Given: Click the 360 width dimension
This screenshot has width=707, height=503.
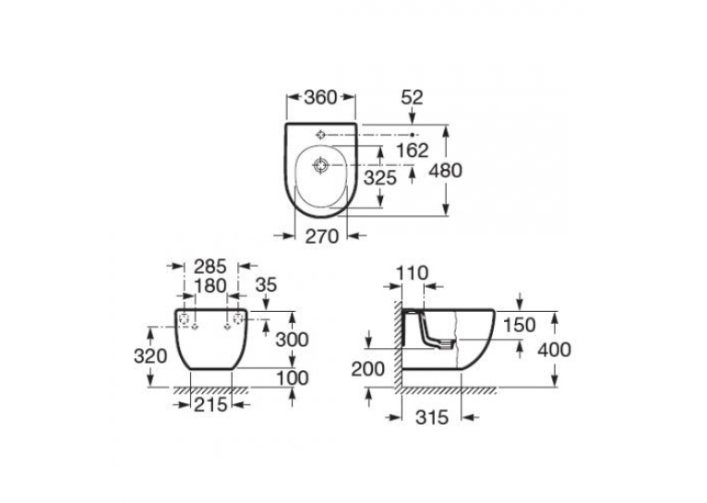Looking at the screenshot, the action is [x=320, y=97].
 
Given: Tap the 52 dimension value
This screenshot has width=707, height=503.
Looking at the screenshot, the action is [x=413, y=97].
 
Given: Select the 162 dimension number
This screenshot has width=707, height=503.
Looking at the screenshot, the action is [x=413, y=150].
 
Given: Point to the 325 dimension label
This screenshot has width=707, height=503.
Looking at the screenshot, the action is [x=380, y=178].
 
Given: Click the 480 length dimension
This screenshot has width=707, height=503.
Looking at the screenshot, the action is [x=446, y=171].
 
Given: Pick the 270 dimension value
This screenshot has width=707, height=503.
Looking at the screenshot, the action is [x=322, y=236].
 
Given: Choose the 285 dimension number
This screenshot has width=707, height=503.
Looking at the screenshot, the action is [x=210, y=267].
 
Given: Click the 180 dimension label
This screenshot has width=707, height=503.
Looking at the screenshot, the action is [x=210, y=286].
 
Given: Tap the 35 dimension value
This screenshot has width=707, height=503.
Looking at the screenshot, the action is [x=266, y=285].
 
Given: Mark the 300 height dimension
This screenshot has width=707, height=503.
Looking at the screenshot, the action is [x=293, y=340].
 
